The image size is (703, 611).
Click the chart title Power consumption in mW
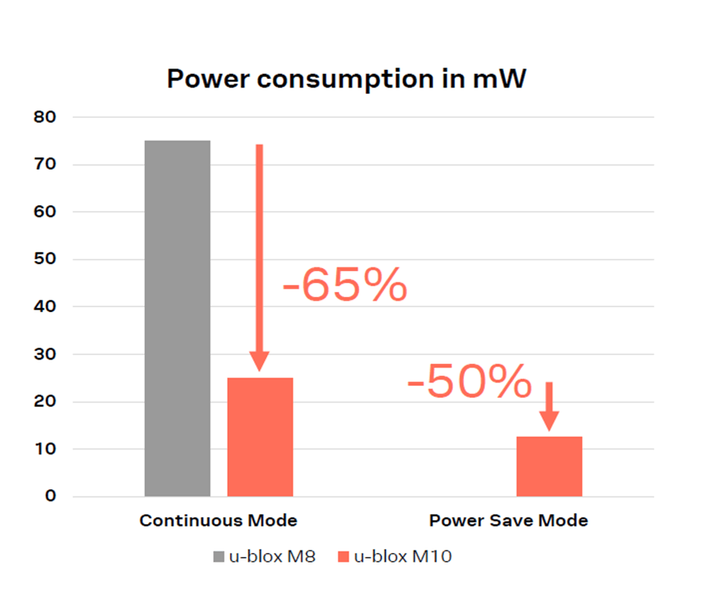346,80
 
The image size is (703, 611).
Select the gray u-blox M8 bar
177,318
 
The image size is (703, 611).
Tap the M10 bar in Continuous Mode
260,437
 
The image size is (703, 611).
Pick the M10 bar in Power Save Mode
549,466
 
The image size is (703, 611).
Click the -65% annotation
345,286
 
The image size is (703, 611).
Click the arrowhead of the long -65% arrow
259,361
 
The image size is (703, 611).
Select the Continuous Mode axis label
218,521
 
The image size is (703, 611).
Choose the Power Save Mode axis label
509,521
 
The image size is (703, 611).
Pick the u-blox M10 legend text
402,557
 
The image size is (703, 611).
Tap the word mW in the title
501,80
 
